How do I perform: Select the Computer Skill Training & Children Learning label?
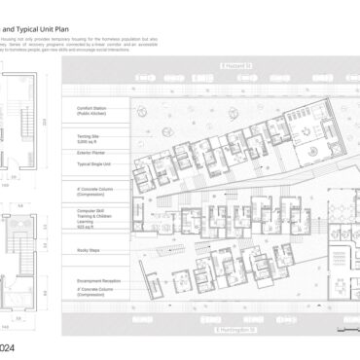[x=82, y=216]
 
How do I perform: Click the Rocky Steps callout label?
[x=75, y=250]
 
